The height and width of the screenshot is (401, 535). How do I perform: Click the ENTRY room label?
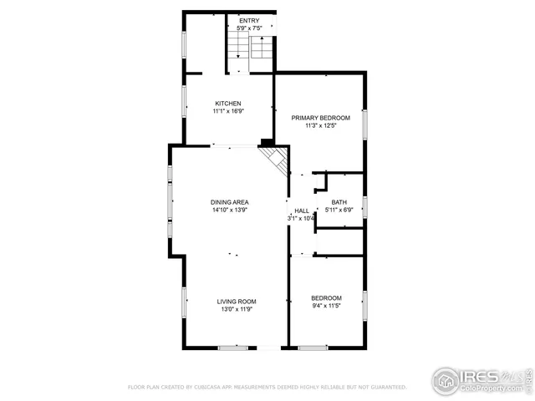click(x=249, y=21)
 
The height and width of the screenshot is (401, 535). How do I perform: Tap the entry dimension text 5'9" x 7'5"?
click(x=249, y=28)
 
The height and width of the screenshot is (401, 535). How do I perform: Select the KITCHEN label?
click(x=228, y=104)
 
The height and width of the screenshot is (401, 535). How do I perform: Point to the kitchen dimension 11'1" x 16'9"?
click(x=228, y=111)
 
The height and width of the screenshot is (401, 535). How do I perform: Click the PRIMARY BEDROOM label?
click(x=320, y=119)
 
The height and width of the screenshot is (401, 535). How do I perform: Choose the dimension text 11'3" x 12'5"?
click(x=320, y=126)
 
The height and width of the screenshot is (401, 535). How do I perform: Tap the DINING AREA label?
click(x=229, y=202)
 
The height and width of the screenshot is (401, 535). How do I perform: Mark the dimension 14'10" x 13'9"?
click(x=229, y=211)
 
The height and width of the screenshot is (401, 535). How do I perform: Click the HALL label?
click(x=302, y=211)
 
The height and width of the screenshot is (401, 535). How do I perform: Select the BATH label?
click(x=339, y=202)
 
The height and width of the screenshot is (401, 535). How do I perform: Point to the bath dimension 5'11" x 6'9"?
click(x=339, y=210)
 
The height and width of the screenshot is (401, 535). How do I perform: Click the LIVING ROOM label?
click(x=237, y=302)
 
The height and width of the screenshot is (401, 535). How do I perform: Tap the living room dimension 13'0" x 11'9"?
click(x=237, y=309)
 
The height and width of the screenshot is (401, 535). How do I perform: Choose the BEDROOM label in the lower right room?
click(x=326, y=298)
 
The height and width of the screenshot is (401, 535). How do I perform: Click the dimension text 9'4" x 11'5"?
click(x=326, y=306)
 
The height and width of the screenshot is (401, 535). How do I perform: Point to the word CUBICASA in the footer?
click(x=207, y=388)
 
